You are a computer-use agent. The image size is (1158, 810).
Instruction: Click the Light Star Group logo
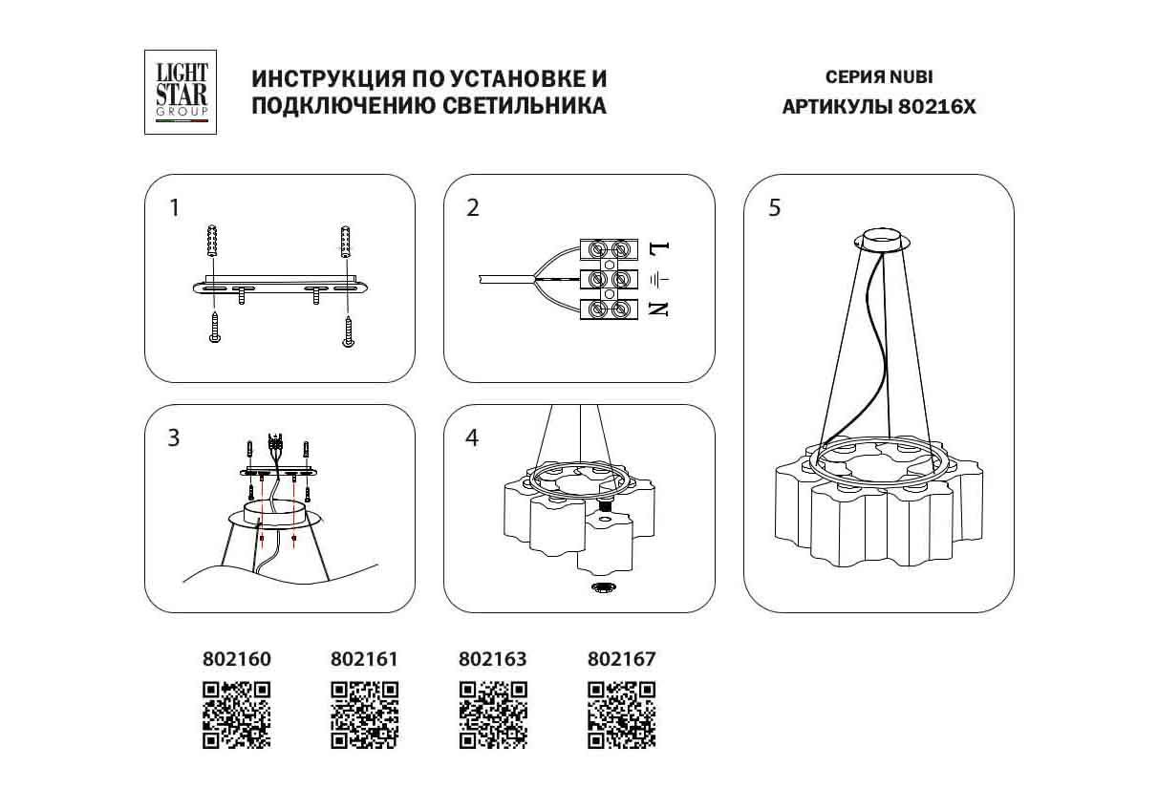pyautogui.click(x=181, y=92)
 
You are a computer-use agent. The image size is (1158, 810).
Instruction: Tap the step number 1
pyautogui.click(x=174, y=208)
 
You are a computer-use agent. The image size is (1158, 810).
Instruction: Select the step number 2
pyautogui.click(x=473, y=208)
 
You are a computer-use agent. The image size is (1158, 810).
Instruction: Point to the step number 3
pyautogui.click(x=174, y=437)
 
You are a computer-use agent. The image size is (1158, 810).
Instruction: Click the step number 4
pyautogui.click(x=472, y=437)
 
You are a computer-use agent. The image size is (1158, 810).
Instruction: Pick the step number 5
pyautogui.click(x=775, y=208)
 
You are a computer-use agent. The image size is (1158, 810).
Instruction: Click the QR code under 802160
pyautogui.click(x=237, y=714)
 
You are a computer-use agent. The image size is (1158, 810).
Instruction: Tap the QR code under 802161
pyautogui.click(x=364, y=714)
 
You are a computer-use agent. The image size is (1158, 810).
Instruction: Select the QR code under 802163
pyautogui.click(x=493, y=714)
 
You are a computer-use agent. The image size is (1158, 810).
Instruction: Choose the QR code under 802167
pyautogui.click(x=621, y=714)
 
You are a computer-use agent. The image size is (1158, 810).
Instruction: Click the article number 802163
pyautogui.click(x=493, y=659)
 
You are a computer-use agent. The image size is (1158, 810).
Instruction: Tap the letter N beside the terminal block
pyautogui.click(x=659, y=309)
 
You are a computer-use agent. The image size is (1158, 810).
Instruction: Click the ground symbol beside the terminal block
pyautogui.click(x=659, y=280)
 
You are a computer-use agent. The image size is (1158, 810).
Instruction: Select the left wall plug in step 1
pyautogui.click(x=211, y=241)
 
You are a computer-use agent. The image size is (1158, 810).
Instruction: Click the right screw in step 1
pyautogui.click(x=349, y=331)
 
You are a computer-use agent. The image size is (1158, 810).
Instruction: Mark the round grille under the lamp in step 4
pyautogui.click(x=603, y=587)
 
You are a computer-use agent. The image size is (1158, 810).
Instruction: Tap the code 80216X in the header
pyautogui.click(x=936, y=107)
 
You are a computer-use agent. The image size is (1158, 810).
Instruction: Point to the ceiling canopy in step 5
pyautogui.click(x=882, y=241)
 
